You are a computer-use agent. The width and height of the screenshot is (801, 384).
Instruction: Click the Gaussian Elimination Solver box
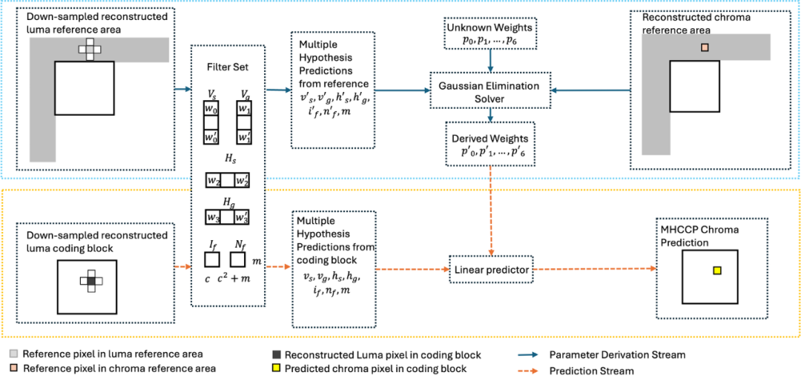[490, 92]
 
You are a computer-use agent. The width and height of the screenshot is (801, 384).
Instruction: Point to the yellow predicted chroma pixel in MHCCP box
[716, 271]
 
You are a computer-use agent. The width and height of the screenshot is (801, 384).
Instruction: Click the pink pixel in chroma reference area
[705, 47]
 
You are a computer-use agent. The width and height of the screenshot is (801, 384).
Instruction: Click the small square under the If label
[212, 260]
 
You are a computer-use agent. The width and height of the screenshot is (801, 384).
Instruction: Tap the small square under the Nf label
[238, 260]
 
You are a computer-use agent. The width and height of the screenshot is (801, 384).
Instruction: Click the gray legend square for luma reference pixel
[15, 354]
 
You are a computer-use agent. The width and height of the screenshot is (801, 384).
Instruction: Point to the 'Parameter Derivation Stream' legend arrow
[527, 355]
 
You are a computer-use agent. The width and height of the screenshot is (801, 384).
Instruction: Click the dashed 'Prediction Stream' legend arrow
[527, 371]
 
